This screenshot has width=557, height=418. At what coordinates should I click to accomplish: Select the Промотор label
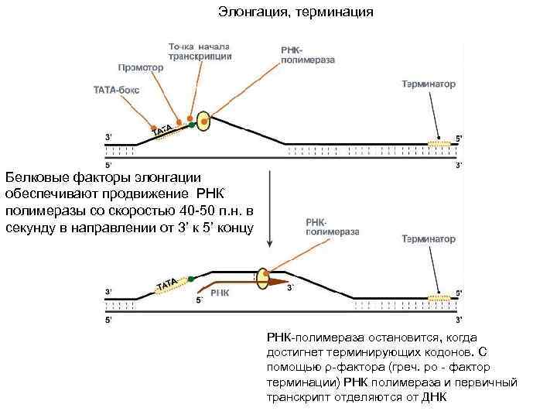141,67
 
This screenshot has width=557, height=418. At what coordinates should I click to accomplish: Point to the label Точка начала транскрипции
200,51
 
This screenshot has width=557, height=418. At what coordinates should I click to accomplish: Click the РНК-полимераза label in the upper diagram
300,53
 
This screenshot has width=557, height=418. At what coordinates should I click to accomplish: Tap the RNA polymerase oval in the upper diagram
203,121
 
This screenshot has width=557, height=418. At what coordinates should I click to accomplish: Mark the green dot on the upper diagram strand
190,123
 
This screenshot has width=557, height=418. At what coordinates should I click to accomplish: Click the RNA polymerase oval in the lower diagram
264,278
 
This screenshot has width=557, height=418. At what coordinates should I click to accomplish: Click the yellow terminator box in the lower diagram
440,296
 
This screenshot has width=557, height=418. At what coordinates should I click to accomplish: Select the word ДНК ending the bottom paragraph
435,396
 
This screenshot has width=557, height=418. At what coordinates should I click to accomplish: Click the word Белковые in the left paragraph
32,177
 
